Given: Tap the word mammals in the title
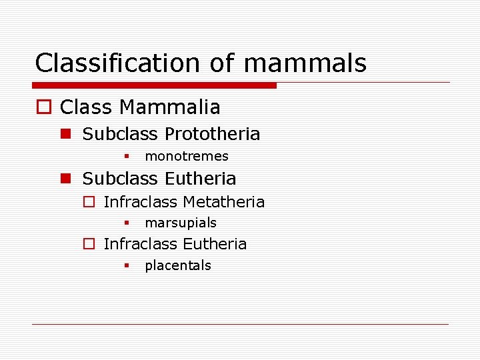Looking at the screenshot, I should [305, 63].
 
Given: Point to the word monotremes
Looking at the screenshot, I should [187, 157].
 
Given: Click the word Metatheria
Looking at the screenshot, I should [223, 202].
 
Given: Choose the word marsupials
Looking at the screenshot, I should [181, 223].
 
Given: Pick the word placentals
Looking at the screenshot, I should [178, 265].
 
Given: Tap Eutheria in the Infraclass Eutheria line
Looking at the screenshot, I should [214, 244].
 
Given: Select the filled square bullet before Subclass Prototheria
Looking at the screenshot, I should [65, 134].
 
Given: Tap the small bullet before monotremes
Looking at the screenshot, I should [125, 157].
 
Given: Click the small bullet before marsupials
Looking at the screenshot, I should [125, 223].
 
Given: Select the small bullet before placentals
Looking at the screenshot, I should [125, 265].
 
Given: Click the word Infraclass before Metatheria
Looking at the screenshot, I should [141, 202].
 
